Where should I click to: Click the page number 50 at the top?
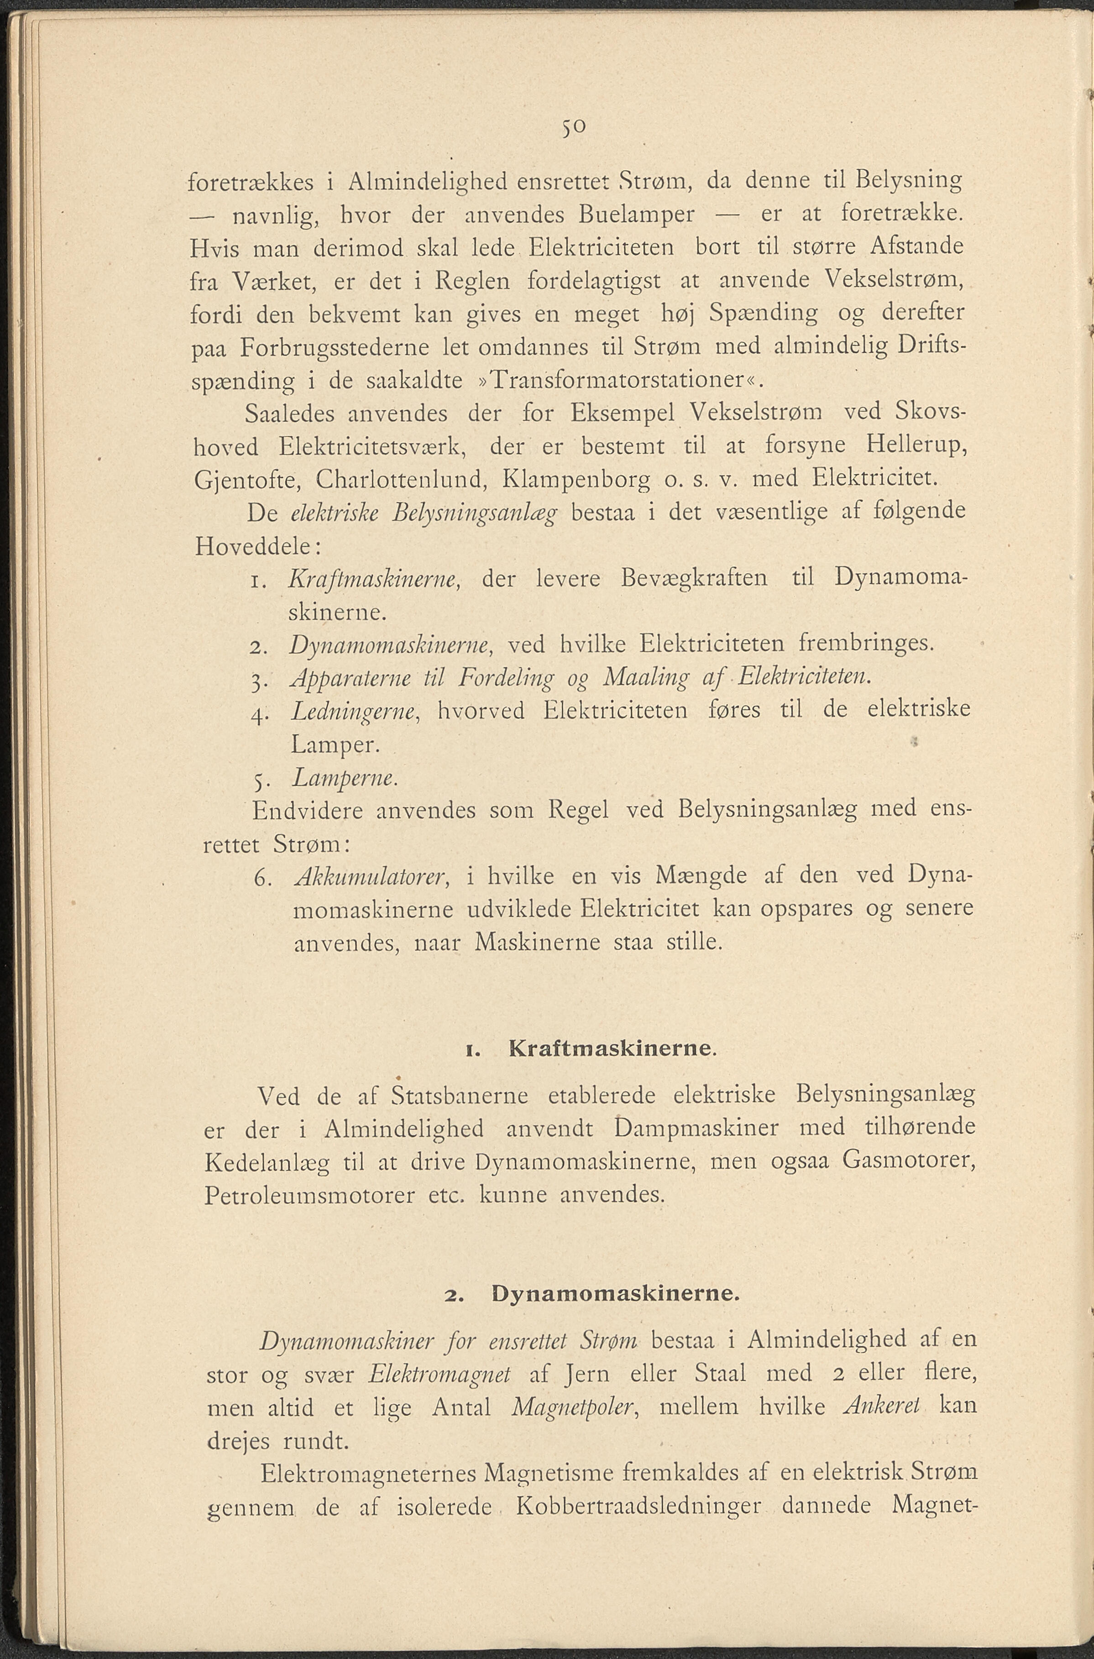point(574,128)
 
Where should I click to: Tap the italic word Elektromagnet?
point(440,1374)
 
